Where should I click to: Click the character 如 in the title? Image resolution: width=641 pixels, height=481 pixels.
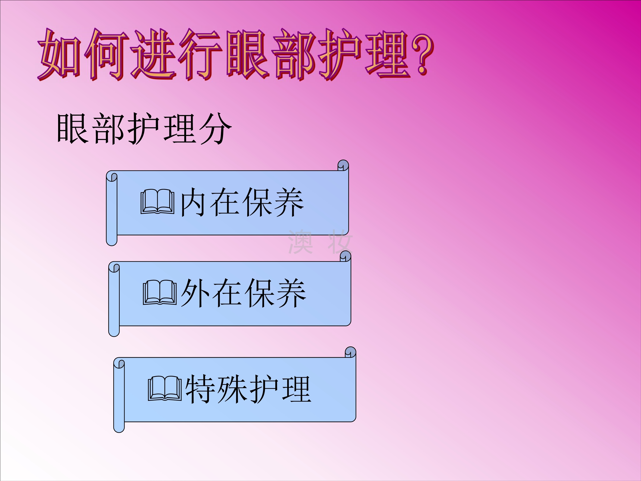tap(60, 55)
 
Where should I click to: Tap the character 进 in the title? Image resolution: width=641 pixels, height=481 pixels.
tap(154, 55)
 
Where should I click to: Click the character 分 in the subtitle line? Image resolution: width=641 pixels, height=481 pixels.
tap(216, 128)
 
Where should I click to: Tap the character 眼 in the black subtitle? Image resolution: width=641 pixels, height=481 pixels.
tap(73, 128)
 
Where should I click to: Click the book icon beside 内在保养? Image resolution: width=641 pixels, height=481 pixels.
tap(157, 202)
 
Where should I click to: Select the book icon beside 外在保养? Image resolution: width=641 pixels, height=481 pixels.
tap(160, 292)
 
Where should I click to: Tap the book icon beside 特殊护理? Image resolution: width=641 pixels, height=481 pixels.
tap(165, 388)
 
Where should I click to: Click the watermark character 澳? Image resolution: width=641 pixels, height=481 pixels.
tap(300, 242)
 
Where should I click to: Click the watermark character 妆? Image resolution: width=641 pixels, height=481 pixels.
tap(340, 242)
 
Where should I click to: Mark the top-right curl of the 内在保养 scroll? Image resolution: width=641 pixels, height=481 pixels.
tap(343, 165)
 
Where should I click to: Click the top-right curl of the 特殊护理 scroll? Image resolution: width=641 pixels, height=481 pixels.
tap(350, 352)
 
